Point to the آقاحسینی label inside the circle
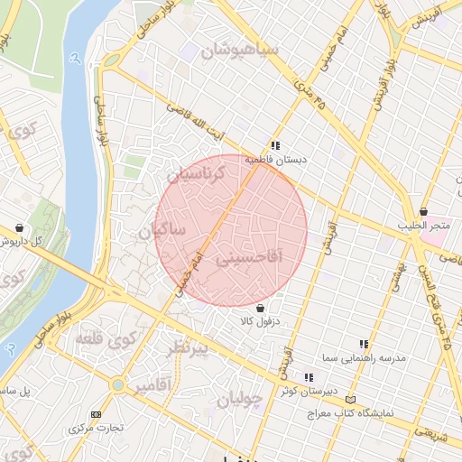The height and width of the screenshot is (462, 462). (249, 259)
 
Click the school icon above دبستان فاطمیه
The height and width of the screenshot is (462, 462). (274, 144)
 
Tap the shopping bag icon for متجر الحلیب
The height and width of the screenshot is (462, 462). (422, 211)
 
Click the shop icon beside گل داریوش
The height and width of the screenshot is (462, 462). (20, 228)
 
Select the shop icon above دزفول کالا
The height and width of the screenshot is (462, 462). (260, 308)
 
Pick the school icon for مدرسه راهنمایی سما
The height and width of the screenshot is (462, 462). (364, 344)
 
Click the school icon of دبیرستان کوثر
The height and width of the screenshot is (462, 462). (308, 377)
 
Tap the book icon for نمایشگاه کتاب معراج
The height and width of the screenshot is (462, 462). (351, 399)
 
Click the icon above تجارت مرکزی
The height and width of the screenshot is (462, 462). (97, 414)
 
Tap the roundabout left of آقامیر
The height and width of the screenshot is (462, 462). (117, 385)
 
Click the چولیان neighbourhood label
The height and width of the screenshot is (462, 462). (240, 397)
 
